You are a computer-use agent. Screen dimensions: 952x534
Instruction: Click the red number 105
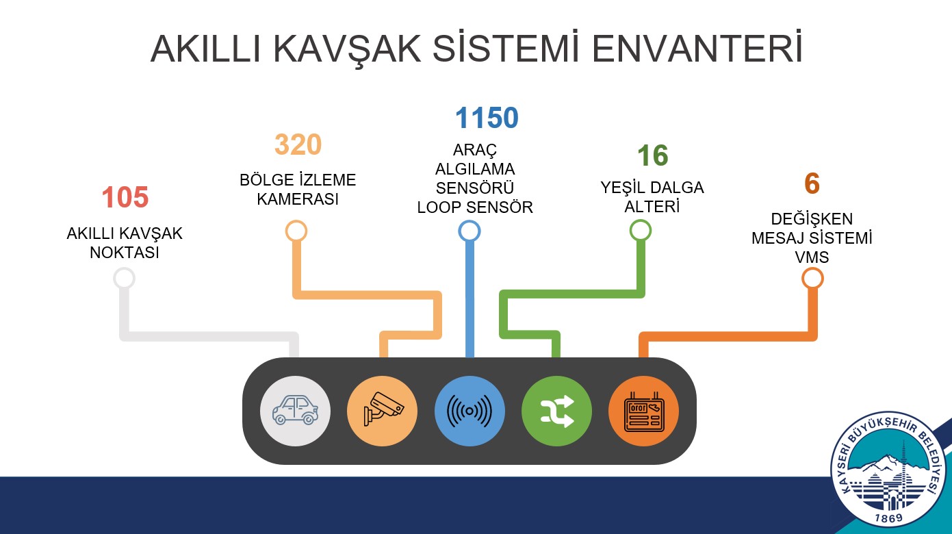point(125,197)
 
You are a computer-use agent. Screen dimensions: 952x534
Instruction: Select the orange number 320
point(298,144)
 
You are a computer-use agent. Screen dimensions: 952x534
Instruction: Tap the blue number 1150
point(487,118)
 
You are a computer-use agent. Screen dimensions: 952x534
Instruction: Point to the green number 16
point(652,155)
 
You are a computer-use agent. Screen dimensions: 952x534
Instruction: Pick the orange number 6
point(812,183)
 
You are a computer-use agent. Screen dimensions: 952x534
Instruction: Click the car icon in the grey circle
point(296,410)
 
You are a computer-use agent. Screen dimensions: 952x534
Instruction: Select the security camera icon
point(383,409)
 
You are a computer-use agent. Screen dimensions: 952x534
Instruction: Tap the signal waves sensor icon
point(469,411)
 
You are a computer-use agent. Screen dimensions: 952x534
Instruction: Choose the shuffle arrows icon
point(556,411)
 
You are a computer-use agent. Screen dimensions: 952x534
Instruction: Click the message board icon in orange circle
point(643,412)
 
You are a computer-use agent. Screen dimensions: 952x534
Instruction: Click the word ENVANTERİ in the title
point(697,49)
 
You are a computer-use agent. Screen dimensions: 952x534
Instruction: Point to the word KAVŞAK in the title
point(347,49)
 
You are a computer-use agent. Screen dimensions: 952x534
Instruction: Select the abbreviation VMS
point(812,257)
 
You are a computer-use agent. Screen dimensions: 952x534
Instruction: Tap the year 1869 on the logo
point(888,518)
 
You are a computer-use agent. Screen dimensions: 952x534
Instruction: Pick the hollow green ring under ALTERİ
point(641,222)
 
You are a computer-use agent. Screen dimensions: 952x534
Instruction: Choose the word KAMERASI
point(298,199)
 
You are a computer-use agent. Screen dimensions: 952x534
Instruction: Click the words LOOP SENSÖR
point(475,207)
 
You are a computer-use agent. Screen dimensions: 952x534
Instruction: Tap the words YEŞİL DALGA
point(652,188)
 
